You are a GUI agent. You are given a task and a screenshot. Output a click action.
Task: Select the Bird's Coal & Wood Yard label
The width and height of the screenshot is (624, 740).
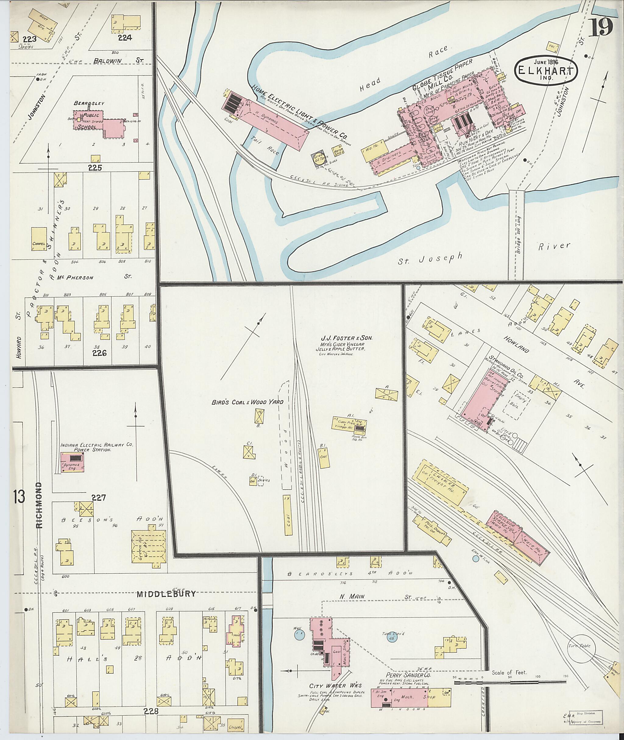tap(248, 402)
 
